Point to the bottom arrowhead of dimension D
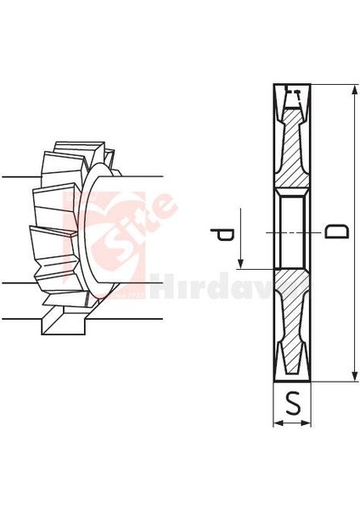click(351, 376)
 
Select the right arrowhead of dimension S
click(309, 422)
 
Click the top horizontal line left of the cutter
click(17, 176)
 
